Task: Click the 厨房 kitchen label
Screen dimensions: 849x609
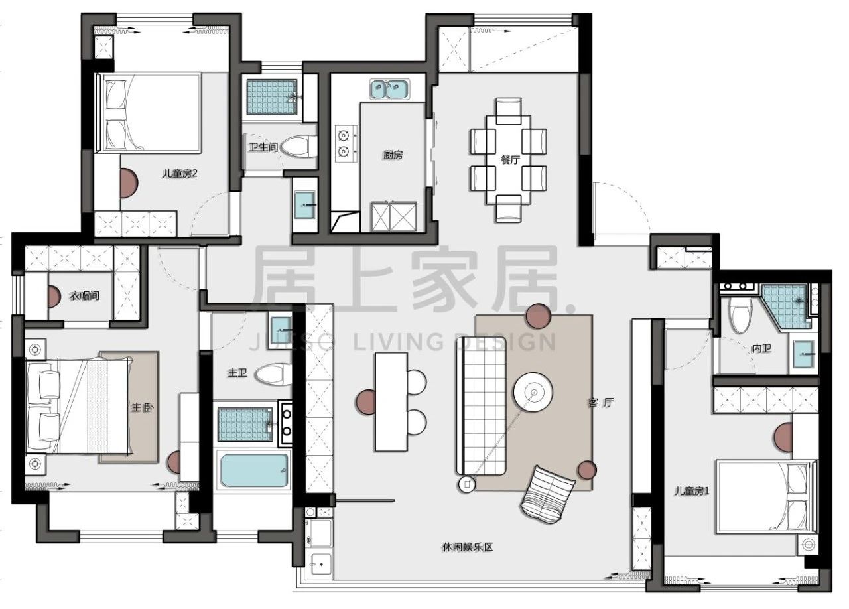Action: [x=393, y=155]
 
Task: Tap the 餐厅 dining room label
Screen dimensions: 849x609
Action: [x=510, y=160]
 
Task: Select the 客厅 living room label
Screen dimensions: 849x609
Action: [x=601, y=403]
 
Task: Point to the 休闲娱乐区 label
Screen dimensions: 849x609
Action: [x=468, y=547]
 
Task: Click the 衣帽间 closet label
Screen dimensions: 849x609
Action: [x=84, y=295]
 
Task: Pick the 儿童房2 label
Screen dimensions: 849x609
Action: [x=180, y=174]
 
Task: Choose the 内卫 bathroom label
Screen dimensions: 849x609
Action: [x=762, y=348]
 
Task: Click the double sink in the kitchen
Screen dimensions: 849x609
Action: [x=390, y=90]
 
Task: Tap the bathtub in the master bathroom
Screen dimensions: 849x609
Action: [x=254, y=470]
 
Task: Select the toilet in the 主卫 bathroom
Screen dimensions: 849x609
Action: [x=273, y=374]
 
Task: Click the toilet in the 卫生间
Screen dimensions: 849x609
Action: [x=298, y=147]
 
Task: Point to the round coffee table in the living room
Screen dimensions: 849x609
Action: [x=533, y=392]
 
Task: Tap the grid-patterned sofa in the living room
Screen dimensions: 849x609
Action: [x=482, y=406]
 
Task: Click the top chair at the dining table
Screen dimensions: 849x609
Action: [x=509, y=111]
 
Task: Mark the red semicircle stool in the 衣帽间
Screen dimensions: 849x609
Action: [x=54, y=297]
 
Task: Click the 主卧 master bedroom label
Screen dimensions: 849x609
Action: [x=143, y=407]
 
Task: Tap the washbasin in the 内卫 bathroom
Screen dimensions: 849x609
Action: [x=804, y=354]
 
